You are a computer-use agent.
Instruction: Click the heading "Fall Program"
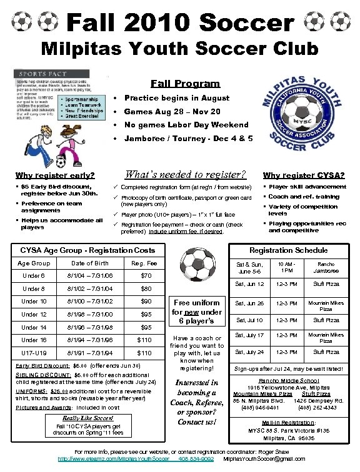tap(185, 84)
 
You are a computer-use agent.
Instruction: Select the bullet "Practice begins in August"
tap(168, 98)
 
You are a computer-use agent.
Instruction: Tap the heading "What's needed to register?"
tap(186, 174)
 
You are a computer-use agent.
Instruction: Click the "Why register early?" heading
tap(55, 175)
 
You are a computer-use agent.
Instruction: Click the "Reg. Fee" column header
tap(144, 263)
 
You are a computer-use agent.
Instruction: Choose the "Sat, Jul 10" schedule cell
tap(249, 321)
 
